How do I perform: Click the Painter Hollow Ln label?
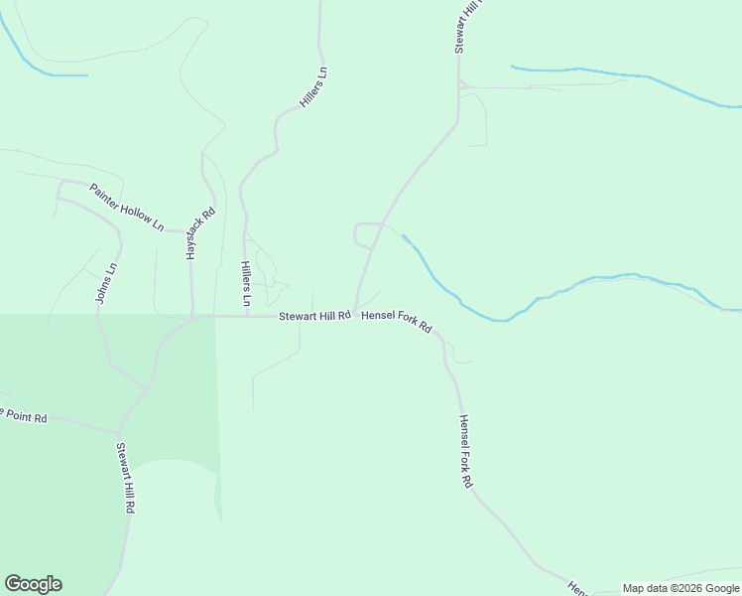coord(126,207)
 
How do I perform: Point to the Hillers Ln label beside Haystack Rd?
coord(245,283)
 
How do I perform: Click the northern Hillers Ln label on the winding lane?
coord(313,88)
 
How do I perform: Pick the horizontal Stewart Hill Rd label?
coord(314,316)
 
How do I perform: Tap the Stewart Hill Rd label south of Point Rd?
coord(125,477)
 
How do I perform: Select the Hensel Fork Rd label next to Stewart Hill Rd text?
coord(396,320)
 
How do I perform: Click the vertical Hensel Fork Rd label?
coord(463,450)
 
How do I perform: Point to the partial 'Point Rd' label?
coord(24,415)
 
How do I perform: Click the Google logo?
coord(33,584)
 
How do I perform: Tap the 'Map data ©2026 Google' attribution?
coord(680,588)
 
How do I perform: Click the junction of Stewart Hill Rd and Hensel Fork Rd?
coord(355,315)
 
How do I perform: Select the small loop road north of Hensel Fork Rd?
coord(365,235)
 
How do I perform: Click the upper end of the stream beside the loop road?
coord(403,236)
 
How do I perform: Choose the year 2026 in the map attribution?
coord(685,588)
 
